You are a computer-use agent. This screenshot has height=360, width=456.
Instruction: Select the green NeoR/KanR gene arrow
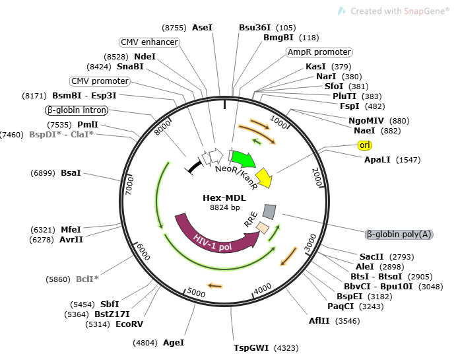click(244, 159)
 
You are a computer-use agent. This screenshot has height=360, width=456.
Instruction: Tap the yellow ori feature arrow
click(265, 178)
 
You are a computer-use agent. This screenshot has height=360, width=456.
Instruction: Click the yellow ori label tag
click(365, 145)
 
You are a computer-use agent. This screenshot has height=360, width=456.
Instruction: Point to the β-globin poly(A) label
click(399, 234)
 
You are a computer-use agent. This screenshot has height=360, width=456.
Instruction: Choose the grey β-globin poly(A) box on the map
click(269, 211)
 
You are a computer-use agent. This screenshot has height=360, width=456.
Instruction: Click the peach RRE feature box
click(263, 228)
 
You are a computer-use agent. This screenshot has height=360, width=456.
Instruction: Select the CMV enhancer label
click(149, 42)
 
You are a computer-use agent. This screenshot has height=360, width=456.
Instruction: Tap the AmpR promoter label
click(319, 52)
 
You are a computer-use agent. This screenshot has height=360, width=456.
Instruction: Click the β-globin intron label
click(77, 110)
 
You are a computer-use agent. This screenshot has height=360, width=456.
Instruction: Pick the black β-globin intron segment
click(194, 167)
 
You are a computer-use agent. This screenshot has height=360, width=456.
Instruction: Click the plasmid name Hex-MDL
click(224, 198)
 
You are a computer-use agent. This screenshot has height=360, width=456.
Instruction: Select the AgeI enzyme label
click(174, 343)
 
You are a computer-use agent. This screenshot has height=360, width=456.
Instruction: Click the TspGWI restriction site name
click(251, 348)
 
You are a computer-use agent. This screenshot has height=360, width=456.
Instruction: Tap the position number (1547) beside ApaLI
click(408, 160)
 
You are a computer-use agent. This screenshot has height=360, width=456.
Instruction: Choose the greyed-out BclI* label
click(87, 279)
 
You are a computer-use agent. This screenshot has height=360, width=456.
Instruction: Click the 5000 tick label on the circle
click(196, 292)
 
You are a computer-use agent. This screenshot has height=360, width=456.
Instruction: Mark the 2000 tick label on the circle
click(317, 177)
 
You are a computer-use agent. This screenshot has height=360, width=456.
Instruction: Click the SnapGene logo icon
click(342, 11)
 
